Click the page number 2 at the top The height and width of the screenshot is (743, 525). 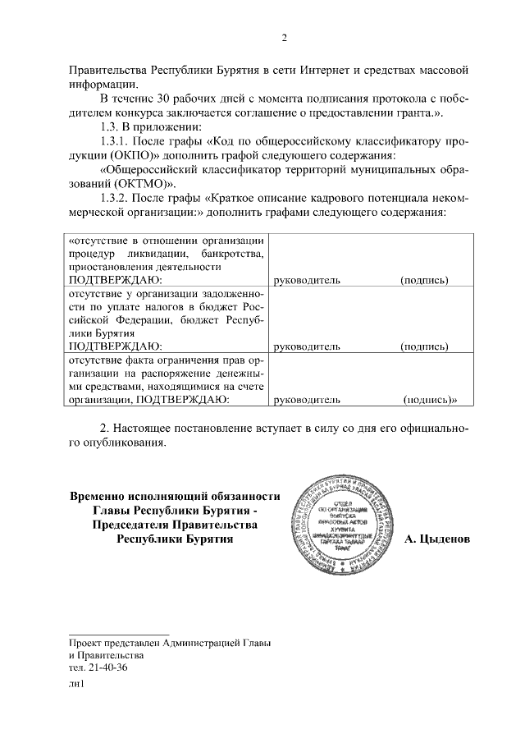284,38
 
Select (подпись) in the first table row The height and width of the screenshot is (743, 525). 424,280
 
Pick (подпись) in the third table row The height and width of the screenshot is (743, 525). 428,400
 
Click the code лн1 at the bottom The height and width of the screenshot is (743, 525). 77,685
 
